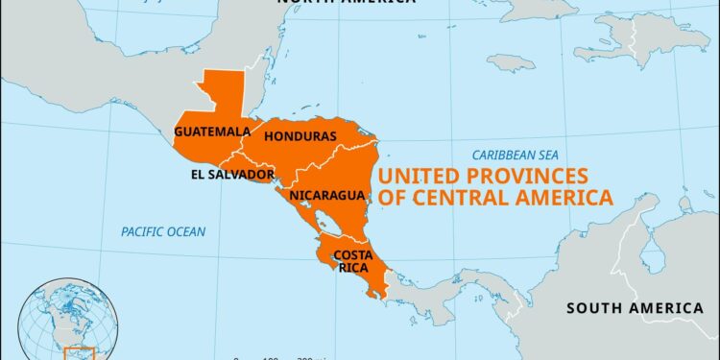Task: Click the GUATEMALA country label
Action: click(x=205, y=132)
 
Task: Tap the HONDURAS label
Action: click(x=300, y=136)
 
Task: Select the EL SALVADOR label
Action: click(x=232, y=174)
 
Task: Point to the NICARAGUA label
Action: click(x=326, y=196)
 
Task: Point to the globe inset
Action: click(x=72, y=317)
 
